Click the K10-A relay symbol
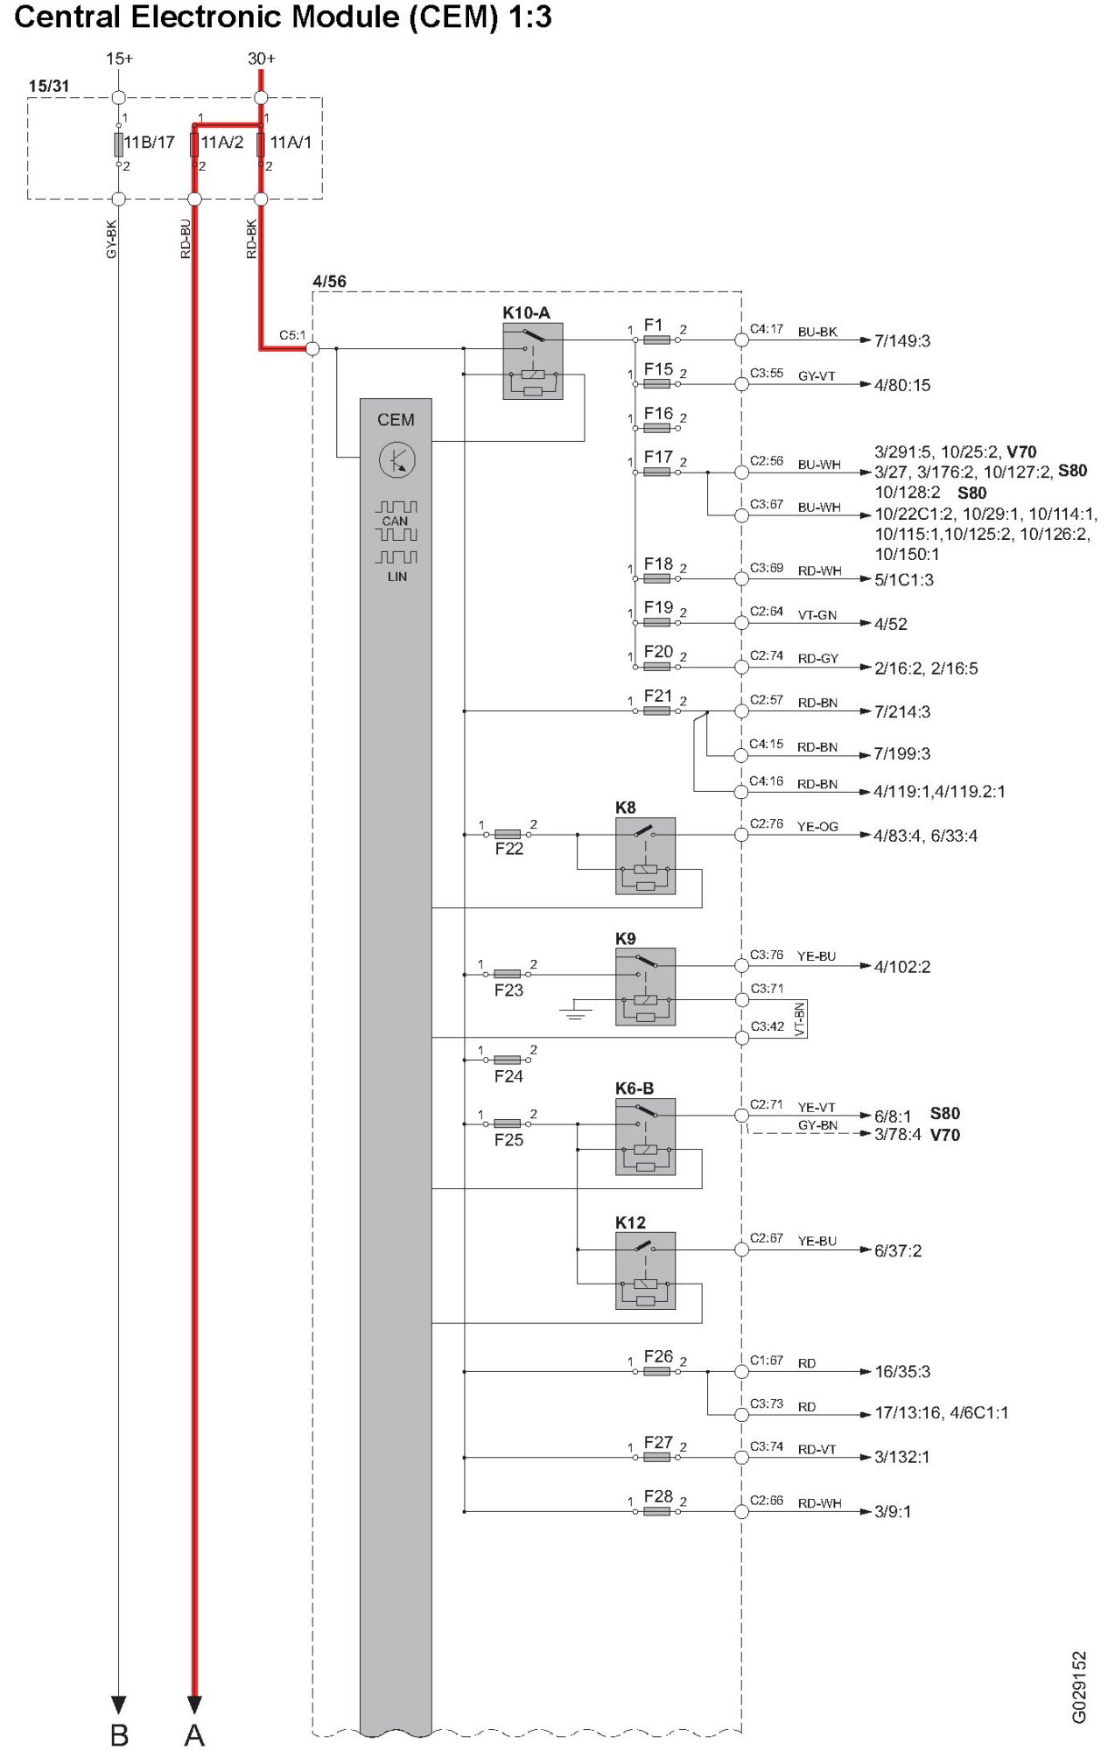(x=532, y=361)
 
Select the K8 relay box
(x=645, y=856)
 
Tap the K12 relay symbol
(x=645, y=1270)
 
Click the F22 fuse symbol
(x=508, y=835)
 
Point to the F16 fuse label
(x=658, y=413)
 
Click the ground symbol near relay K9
(x=575, y=1012)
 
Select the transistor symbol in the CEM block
(x=396, y=459)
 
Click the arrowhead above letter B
(x=119, y=1704)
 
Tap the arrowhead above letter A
(x=194, y=1704)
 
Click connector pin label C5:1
(x=292, y=335)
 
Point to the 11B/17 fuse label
(x=149, y=142)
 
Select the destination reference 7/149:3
(x=901, y=340)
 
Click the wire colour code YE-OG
(x=817, y=826)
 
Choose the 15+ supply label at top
(x=119, y=59)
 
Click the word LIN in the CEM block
(x=396, y=577)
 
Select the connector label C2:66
(x=766, y=1501)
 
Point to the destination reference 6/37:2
(x=897, y=1250)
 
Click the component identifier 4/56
(x=329, y=281)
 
